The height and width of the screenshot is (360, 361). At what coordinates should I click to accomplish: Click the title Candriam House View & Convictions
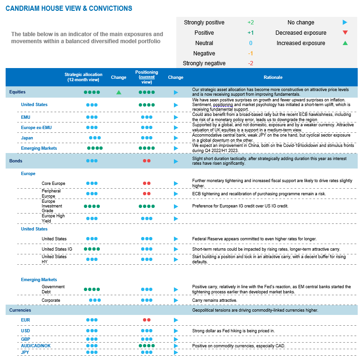click(x=68, y=8)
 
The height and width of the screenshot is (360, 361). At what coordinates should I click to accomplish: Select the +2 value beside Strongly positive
click(x=250, y=23)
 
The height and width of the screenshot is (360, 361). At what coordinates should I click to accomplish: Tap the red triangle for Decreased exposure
click(x=345, y=33)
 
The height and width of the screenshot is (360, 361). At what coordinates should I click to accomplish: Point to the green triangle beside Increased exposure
click(x=345, y=43)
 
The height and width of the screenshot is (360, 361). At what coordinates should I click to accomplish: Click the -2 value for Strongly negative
click(x=250, y=63)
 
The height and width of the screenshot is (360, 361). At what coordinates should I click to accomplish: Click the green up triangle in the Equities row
click(x=119, y=92)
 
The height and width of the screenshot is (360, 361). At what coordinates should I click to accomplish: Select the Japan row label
click(x=27, y=138)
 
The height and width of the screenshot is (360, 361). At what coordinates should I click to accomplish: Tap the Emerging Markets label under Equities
click(x=39, y=148)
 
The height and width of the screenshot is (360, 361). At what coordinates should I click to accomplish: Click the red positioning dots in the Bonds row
click(x=147, y=161)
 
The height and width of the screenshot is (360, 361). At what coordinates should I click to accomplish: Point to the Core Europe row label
click(x=53, y=184)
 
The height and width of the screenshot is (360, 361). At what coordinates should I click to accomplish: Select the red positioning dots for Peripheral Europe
click(x=147, y=193)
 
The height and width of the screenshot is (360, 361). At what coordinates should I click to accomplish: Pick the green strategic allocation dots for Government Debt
click(x=92, y=290)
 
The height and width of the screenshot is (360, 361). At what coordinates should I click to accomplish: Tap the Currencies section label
click(x=20, y=310)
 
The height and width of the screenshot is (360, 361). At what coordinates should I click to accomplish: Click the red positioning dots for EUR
click(x=147, y=320)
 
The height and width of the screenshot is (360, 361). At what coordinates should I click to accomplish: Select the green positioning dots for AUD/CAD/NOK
click(x=147, y=346)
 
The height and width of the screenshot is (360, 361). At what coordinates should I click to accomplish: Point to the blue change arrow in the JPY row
click(x=176, y=352)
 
